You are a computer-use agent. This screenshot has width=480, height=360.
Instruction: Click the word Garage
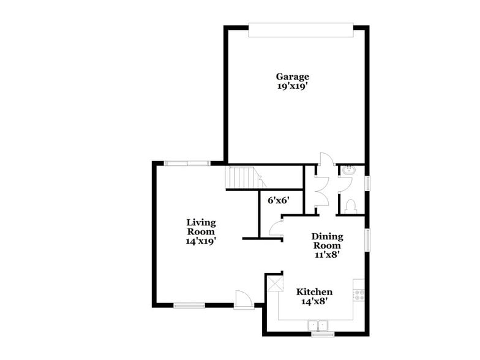[x=292, y=77]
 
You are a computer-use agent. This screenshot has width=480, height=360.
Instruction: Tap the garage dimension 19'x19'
[x=292, y=86]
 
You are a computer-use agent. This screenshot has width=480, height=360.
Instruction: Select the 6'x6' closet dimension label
[x=278, y=199]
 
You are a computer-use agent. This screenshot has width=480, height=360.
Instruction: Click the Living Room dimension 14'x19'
[x=201, y=241]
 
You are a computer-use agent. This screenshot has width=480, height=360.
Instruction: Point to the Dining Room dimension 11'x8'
[x=327, y=254]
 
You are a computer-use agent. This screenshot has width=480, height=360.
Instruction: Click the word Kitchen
[x=314, y=292]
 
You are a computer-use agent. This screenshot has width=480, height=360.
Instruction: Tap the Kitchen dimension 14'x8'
[x=314, y=301]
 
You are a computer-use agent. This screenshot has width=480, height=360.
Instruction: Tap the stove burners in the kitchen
[x=359, y=294]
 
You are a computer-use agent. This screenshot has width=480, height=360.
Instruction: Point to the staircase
[x=242, y=178]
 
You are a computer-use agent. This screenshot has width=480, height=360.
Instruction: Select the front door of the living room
[x=244, y=299]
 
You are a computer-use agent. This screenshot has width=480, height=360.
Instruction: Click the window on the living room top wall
[x=187, y=163]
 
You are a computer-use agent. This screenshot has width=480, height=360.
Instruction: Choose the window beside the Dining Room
[x=368, y=239]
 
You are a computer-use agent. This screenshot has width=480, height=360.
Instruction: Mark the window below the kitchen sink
[x=323, y=334]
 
